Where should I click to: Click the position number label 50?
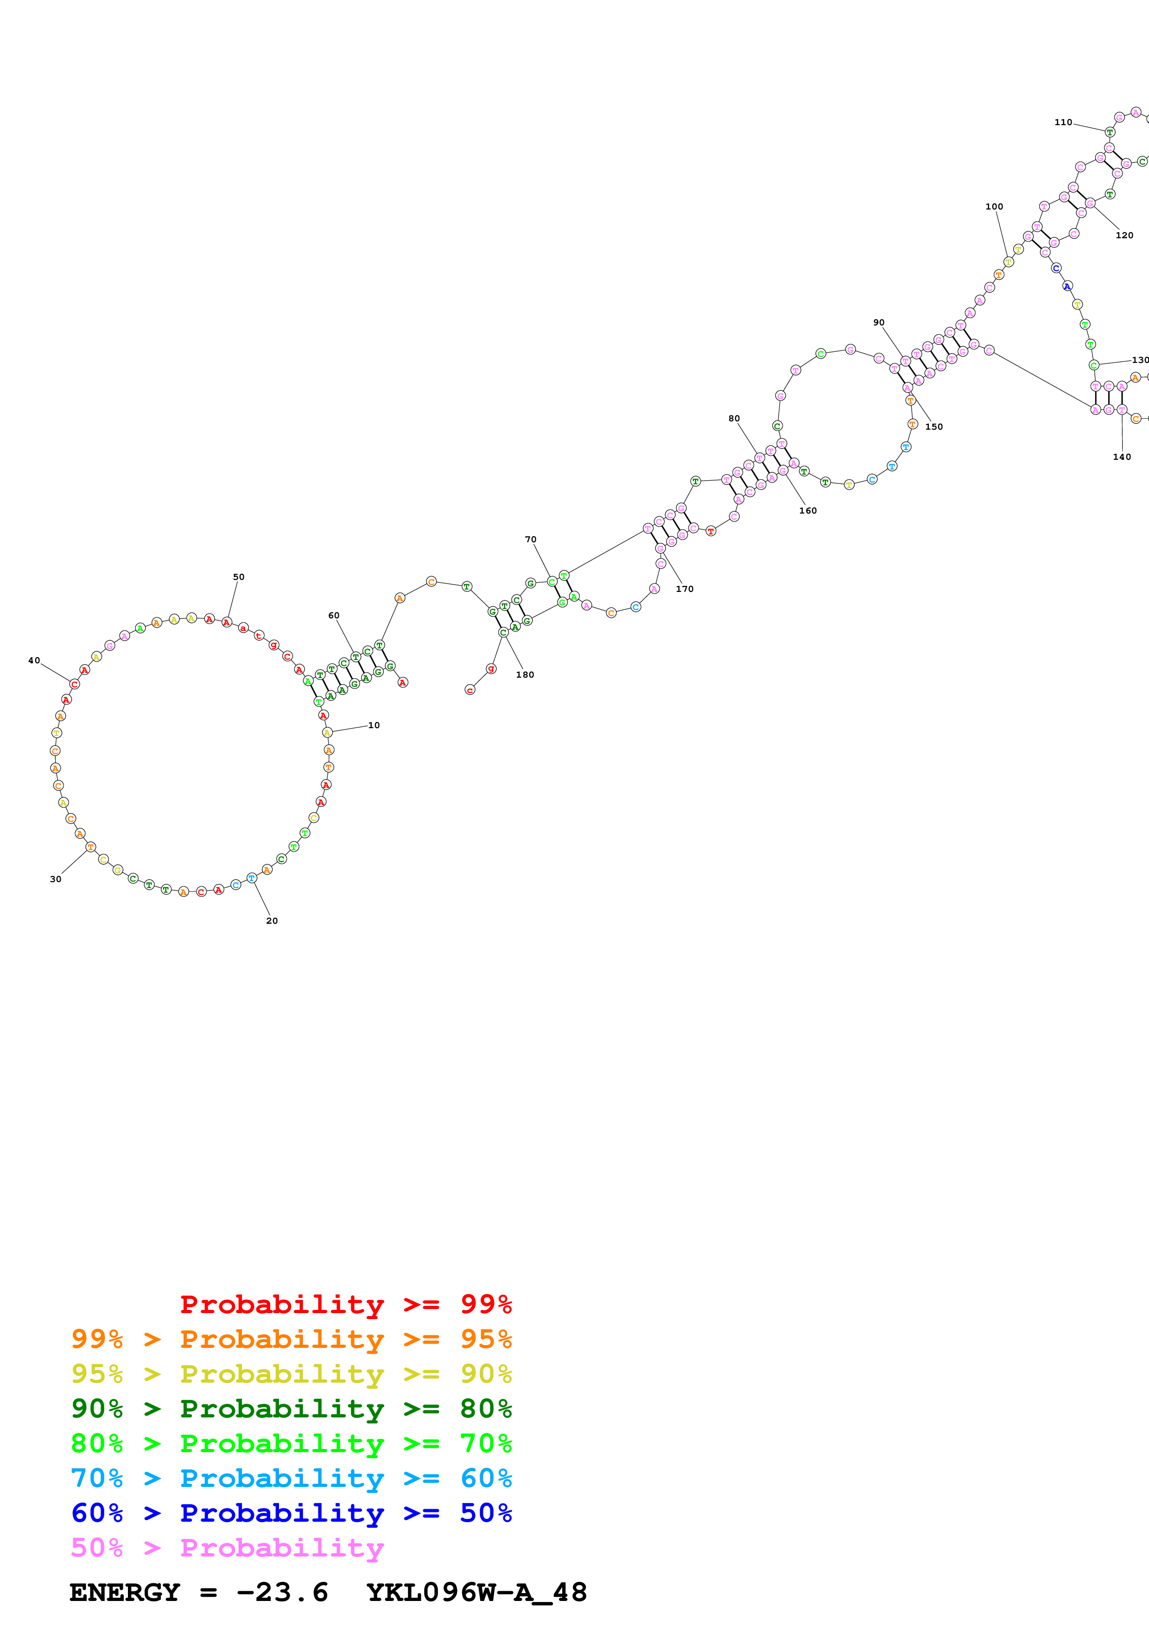pos(239,577)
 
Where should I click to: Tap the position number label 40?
pos(34,661)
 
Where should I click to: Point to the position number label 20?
pos(272,921)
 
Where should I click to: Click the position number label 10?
pos(374,725)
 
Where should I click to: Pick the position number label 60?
pos(333,616)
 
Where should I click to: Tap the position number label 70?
pos(530,540)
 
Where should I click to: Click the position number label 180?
pos(525,675)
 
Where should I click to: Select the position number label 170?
pos(685,589)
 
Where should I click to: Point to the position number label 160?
pos(808,511)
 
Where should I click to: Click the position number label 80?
pos(734,419)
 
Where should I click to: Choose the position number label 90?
pos(879,322)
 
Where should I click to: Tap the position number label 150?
pos(934,427)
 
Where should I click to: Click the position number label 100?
pos(994,207)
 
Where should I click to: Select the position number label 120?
pos(1124,235)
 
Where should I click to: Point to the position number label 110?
pos(1063,122)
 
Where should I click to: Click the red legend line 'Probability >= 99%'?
pos(345,1304)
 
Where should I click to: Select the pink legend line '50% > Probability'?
pos(227,1548)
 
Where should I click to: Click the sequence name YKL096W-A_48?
pos(476,1593)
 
